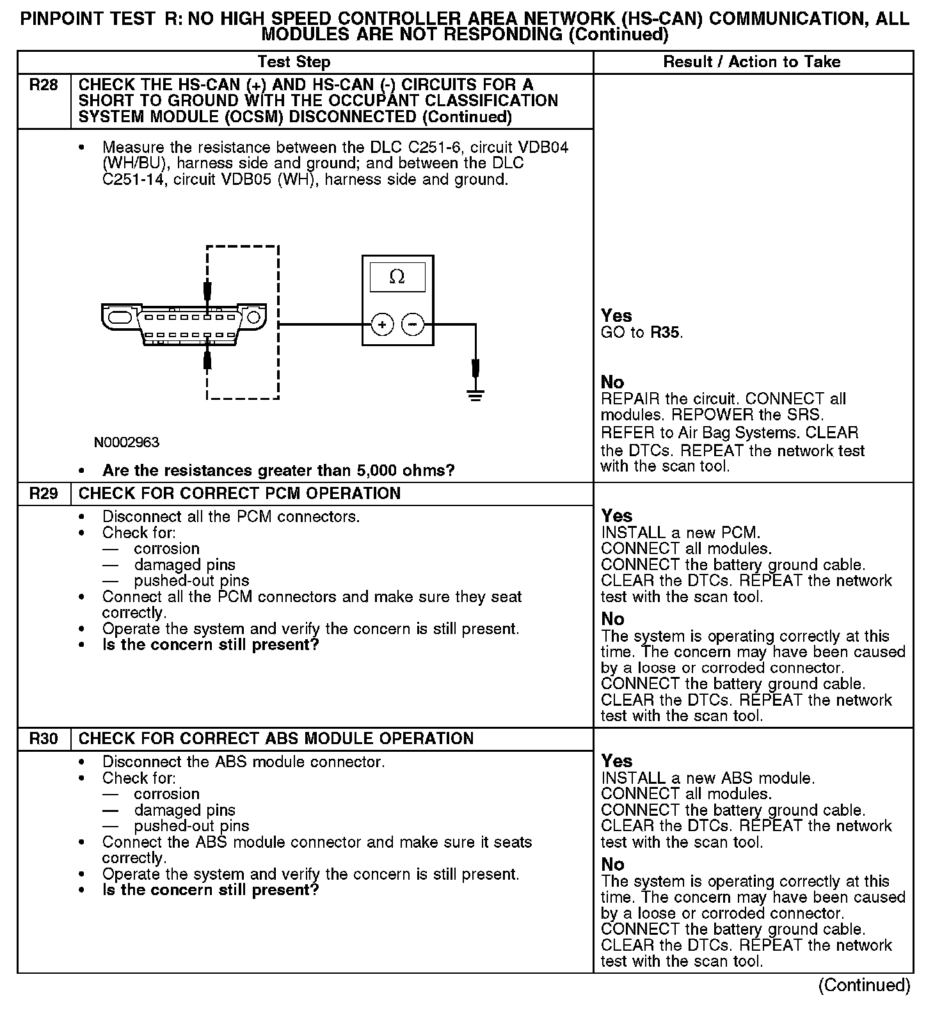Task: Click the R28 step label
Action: tap(44, 85)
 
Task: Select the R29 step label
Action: tap(44, 494)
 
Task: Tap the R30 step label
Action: tap(44, 739)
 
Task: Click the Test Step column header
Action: tap(294, 62)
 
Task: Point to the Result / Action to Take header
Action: tap(752, 62)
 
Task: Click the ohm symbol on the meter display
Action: tap(397, 277)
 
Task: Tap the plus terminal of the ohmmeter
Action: tap(382, 325)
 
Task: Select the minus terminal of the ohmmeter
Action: tap(412, 325)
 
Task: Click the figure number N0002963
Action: tap(127, 442)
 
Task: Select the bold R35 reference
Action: tap(666, 333)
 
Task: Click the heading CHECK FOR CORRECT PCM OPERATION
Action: tap(239, 494)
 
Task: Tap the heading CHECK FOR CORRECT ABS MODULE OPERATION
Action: tap(276, 739)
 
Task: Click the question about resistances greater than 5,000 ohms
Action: tap(278, 471)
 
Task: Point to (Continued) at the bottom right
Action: tap(864, 985)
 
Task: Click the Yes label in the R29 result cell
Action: tap(617, 516)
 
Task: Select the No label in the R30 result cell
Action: tap(612, 864)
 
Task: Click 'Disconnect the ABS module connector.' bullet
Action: tap(243, 762)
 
